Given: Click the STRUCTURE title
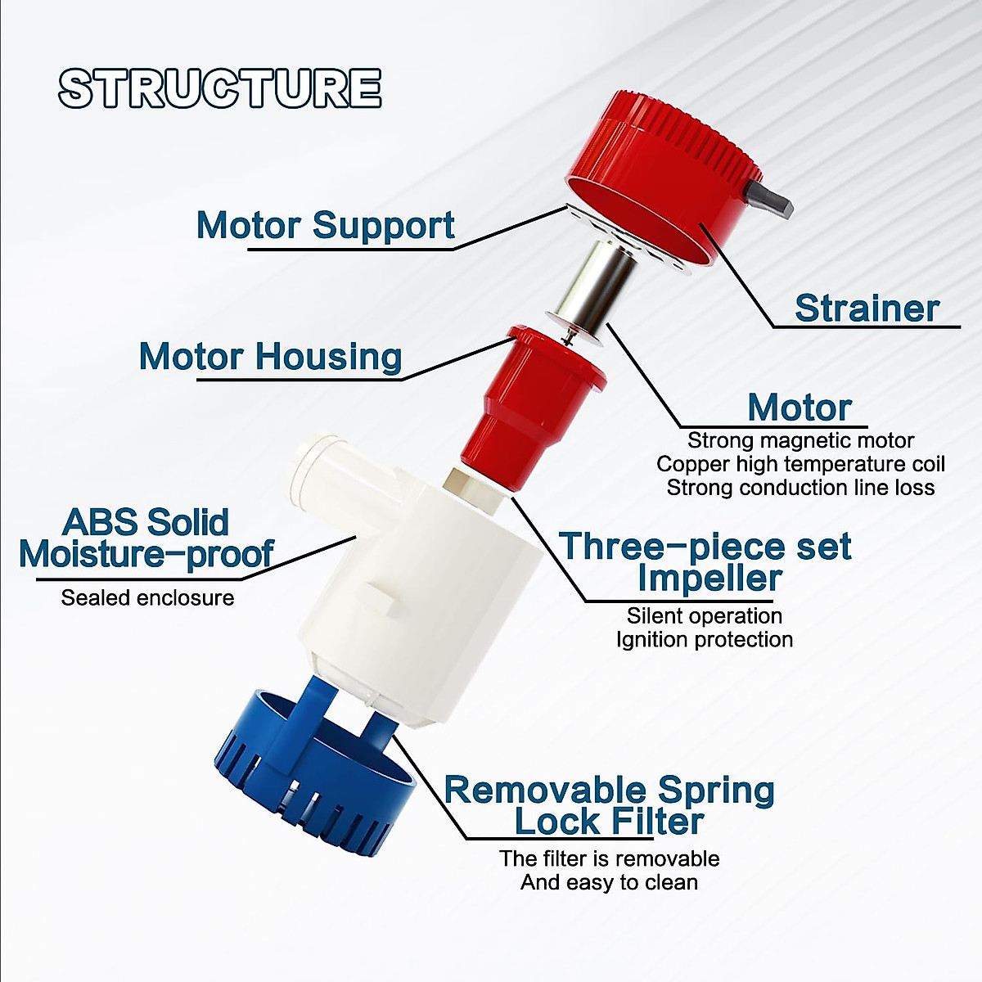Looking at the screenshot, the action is click(x=219, y=88).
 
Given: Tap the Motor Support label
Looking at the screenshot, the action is click(x=326, y=225).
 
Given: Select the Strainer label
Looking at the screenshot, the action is click(x=867, y=309).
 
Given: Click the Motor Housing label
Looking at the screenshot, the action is click(x=271, y=356).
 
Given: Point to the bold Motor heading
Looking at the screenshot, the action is click(x=800, y=408).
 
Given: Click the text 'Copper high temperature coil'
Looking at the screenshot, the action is click(x=800, y=464).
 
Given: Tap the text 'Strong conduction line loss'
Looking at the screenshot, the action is click(x=800, y=488).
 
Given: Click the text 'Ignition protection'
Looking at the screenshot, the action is click(x=705, y=640).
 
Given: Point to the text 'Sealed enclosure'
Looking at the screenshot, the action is click(x=148, y=597).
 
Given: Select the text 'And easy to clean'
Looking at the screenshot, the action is click(x=609, y=882).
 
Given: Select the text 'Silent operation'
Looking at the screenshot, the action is click(x=705, y=616).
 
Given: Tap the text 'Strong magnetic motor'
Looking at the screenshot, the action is click(x=800, y=440).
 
